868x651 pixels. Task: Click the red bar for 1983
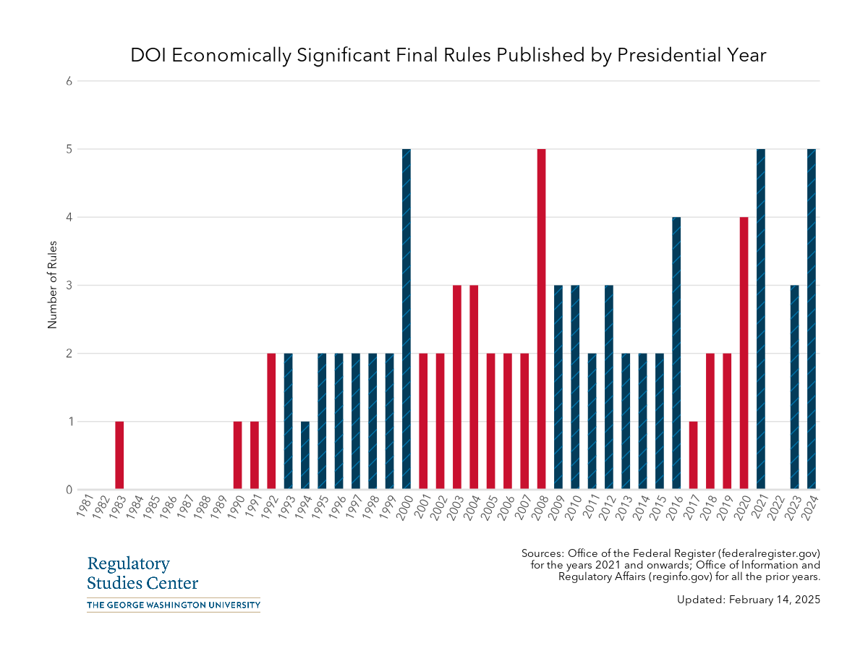coord(119,455)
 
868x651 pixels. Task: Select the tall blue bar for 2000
coord(407,319)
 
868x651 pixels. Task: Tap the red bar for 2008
coord(541,319)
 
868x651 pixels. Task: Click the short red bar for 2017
coord(693,455)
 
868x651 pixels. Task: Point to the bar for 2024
coord(812,319)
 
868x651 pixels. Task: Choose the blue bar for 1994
coord(305,455)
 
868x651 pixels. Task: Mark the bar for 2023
coord(794,387)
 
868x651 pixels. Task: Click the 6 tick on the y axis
coord(69,81)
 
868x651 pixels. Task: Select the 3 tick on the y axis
coord(69,285)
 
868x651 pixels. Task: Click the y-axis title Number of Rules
coord(52,285)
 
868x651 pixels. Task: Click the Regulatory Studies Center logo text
coord(142,573)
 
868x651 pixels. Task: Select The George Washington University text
coord(173,605)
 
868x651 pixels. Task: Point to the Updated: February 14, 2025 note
coord(749,600)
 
